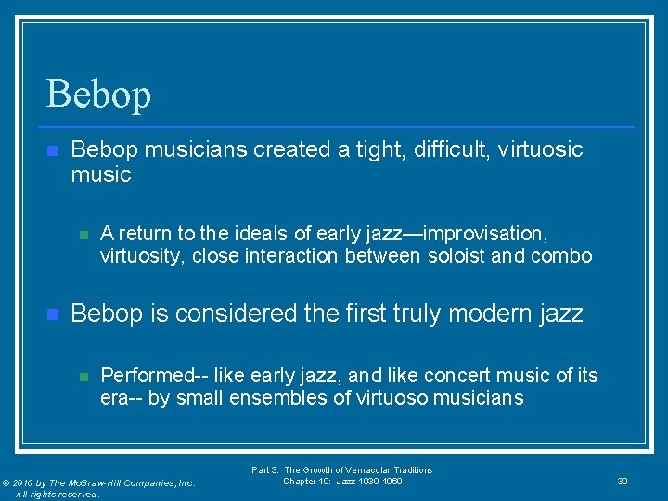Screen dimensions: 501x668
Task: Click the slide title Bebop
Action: pyautogui.click(x=98, y=94)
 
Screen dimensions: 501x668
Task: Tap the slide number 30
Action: pyautogui.click(x=623, y=481)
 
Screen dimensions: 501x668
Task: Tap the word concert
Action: pyautogui.click(x=460, y=375)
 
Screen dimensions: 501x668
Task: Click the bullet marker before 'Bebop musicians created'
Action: pyautogui.click(x=52, y=150)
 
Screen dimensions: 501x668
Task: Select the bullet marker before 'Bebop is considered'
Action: pyautogui.click(x=52, y=315)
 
